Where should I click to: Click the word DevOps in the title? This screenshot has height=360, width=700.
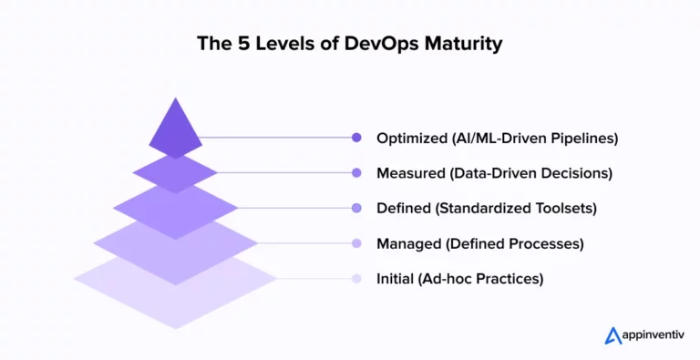click(x=395, y=45)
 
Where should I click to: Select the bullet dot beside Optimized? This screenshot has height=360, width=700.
click(x=356, y=138)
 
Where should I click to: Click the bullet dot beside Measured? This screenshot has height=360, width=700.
click(x=356, y=172)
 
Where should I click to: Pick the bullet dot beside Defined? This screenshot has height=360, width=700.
click(x=356, y=208)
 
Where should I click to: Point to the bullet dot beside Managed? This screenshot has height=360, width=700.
click(x=356, y=243)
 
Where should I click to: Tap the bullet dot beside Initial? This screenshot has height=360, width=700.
click(x=356, y=279)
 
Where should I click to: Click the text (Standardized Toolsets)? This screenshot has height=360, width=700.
click(x=516, y=208)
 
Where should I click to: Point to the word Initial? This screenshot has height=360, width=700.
click(x=394, y=279)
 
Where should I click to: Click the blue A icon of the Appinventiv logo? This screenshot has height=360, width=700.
click(x=612, y=335)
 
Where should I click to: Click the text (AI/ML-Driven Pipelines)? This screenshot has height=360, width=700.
click(x=534, y=138)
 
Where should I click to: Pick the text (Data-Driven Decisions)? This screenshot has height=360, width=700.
click(x=528, y=172)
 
